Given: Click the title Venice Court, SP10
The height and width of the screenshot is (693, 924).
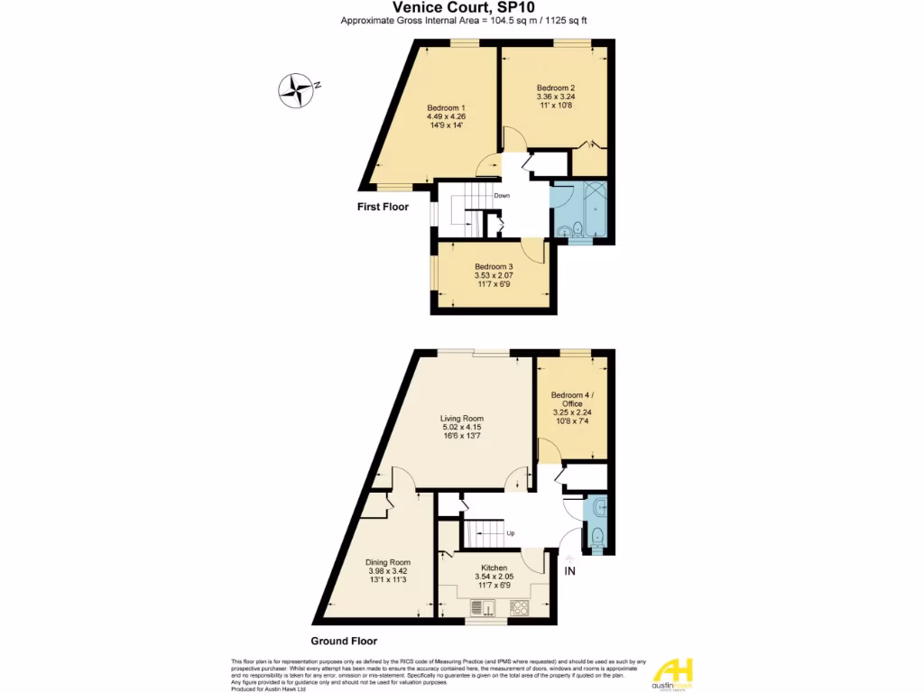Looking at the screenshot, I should pos(461,6).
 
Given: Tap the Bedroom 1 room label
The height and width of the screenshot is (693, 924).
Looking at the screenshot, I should pos(446,108).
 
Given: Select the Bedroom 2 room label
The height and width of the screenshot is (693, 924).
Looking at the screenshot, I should pos(556,88).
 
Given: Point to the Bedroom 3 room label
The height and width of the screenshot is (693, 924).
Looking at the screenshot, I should pos(494,266).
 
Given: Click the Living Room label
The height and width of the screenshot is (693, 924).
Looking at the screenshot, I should pos(462,418).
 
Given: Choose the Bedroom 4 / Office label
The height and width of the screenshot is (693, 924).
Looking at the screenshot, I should pos(573,400).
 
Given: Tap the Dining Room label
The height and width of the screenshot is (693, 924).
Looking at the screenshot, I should pos(388,562).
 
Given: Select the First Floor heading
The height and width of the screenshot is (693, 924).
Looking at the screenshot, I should pos(383,207).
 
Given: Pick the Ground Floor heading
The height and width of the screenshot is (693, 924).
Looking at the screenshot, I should pos(344,642).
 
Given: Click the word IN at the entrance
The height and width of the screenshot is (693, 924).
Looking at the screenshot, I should pos(569,571).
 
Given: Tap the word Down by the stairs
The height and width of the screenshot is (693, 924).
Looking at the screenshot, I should pos(502,196).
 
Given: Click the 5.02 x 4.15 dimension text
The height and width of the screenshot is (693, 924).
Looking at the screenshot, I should pos(462,427).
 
